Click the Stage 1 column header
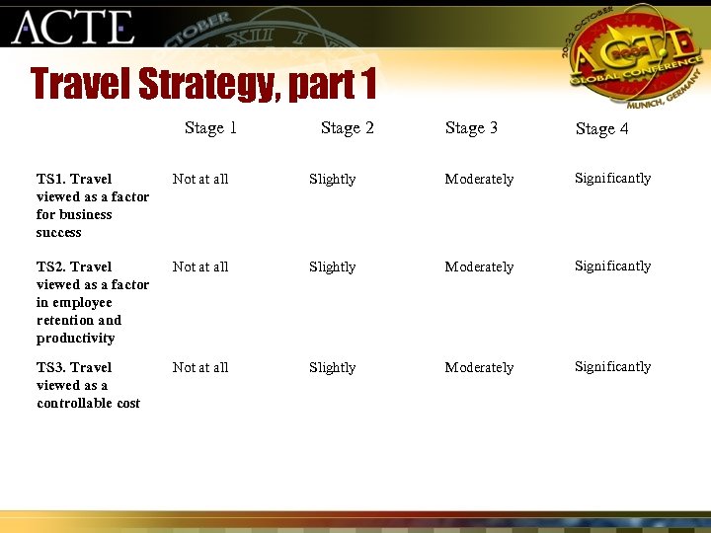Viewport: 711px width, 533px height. pos(210,127)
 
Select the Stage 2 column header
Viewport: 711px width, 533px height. pos(347,127)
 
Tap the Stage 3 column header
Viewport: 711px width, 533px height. pos(471,127)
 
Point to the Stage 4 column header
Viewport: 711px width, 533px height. pos(601,128)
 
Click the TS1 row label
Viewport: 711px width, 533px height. pos(92,205)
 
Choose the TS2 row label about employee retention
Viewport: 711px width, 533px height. pos(92,302)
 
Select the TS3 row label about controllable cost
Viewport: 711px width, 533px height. pos(88,385)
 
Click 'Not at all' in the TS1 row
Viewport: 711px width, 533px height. pos(200,179)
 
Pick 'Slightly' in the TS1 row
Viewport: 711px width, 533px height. pos(332,179)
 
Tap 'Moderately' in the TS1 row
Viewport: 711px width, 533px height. pos(479,179)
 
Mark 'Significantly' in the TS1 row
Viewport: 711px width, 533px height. pos(613,178)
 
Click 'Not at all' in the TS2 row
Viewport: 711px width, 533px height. pos(200,266)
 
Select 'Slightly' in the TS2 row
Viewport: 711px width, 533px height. pos(332,266)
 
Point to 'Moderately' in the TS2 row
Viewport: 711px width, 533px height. pos(479,266)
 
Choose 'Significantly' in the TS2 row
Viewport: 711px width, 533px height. pos(613,266)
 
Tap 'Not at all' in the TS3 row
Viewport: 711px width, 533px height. pos(200,367)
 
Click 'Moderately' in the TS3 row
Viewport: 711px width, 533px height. pos(479,367)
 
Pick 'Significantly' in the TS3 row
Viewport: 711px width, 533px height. pos(613,366)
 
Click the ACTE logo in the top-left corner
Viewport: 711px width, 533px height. pos(72,27)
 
